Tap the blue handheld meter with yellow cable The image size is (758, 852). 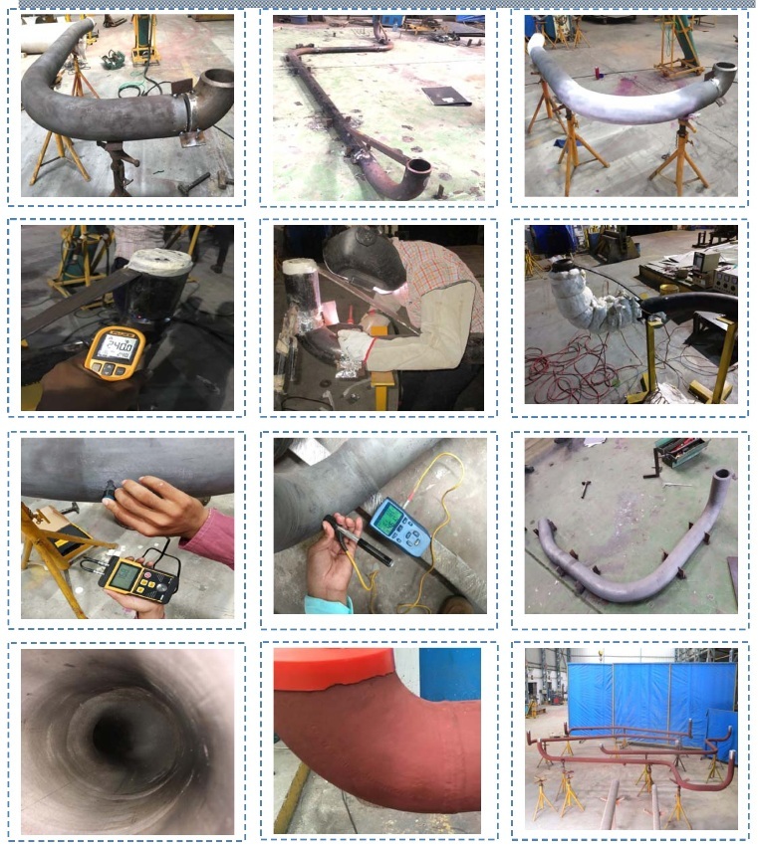tap(399, 526)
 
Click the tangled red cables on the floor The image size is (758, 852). tap(568, 373)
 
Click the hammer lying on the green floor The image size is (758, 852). tap(585, 489)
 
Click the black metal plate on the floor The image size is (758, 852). tap(444, 95)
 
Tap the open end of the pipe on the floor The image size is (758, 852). tap(419, 167)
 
